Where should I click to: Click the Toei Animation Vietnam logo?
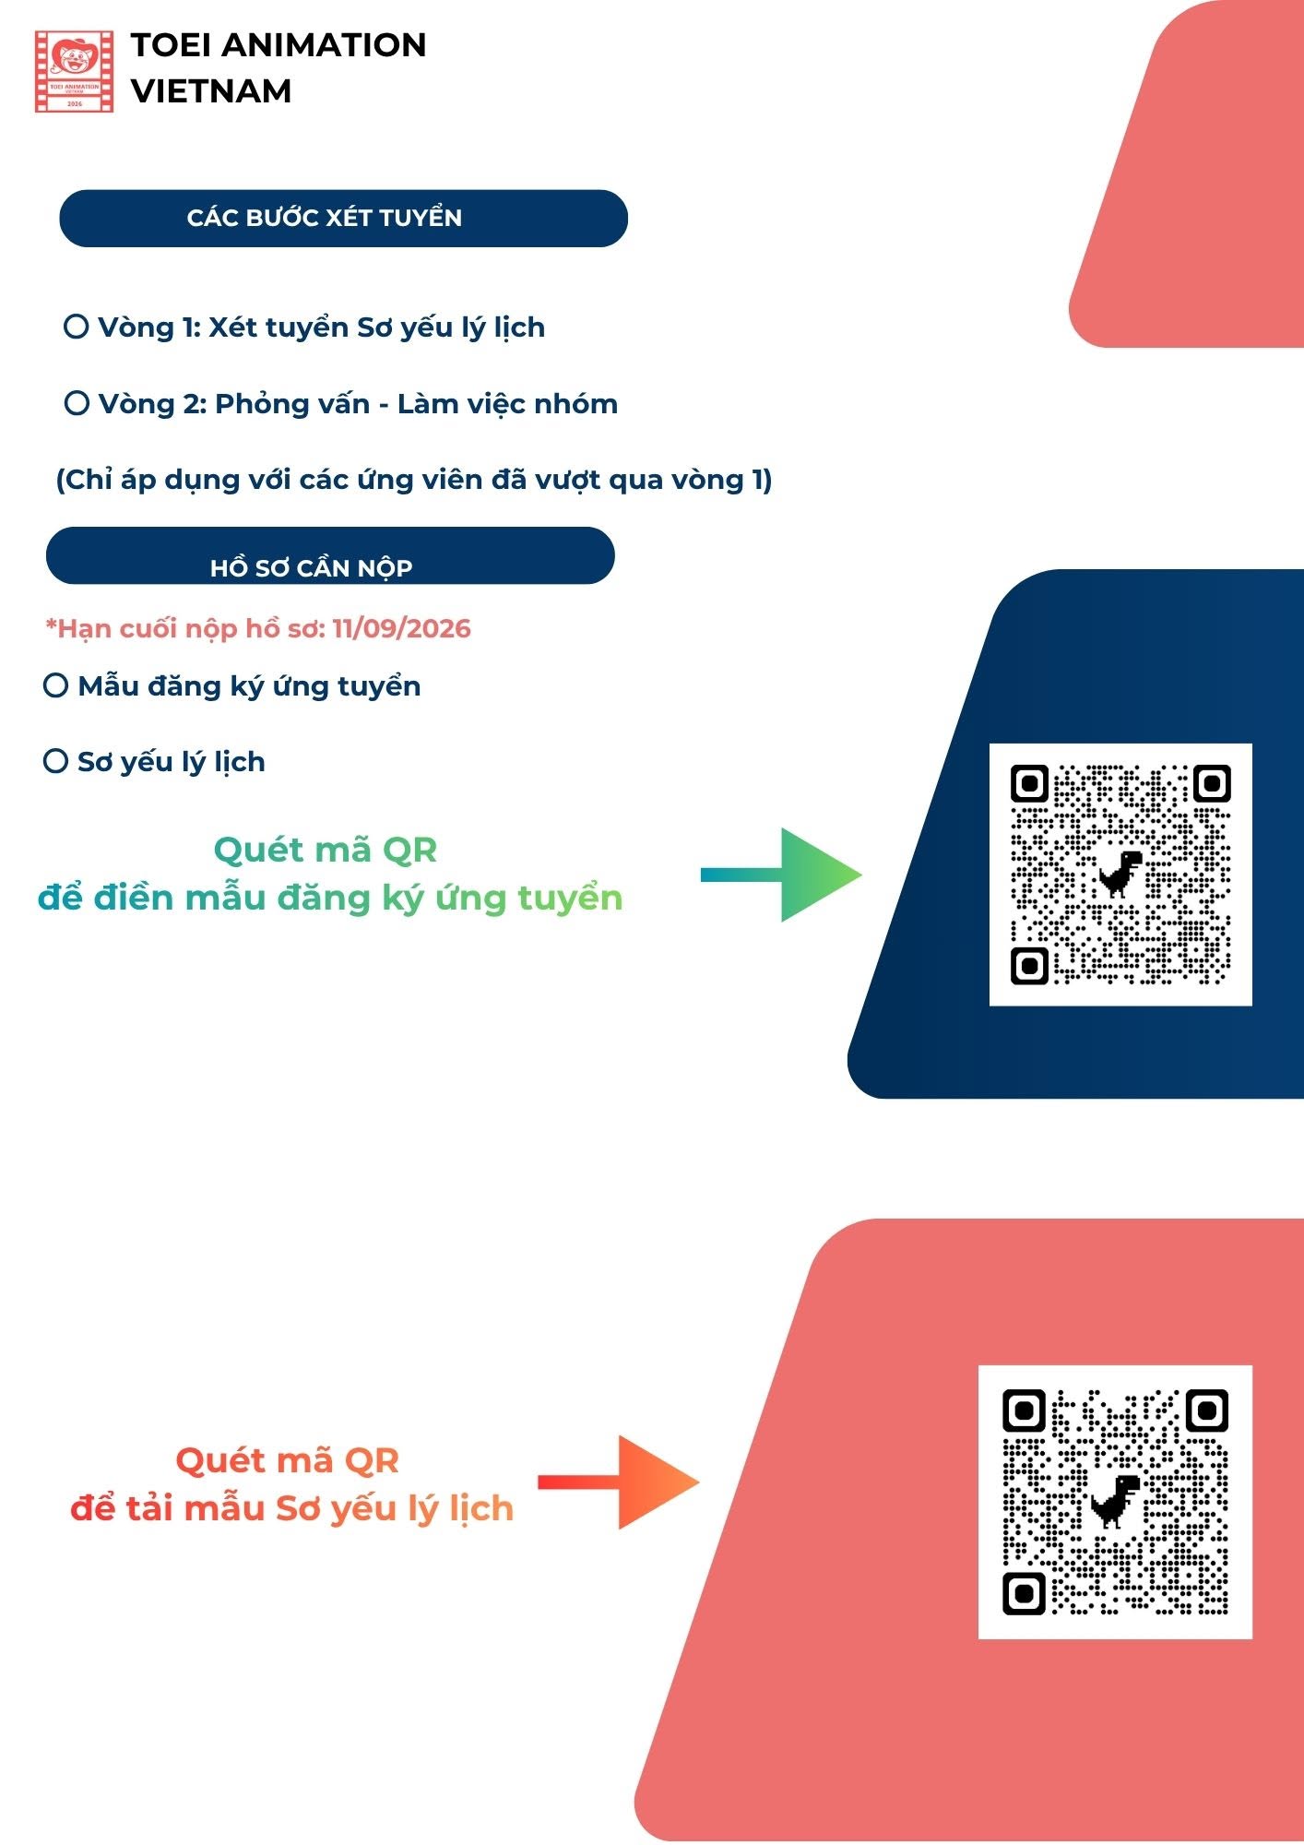pos(74,71)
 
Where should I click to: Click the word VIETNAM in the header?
pos(211,90)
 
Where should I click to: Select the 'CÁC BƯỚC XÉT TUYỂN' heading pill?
pos(343,219)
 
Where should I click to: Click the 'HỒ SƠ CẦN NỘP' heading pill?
pos(330,555)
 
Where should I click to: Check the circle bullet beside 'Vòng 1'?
pos(77,327)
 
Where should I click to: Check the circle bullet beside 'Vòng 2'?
pos(77,403)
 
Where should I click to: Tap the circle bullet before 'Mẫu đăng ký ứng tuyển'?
pos(56,685)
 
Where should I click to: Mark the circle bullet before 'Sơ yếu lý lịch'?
pos(56,761)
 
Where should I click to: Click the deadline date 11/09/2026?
pos(401,628)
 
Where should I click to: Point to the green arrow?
pos(781,875)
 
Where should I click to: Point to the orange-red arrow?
pos(618,1482)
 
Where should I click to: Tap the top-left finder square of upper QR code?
pos(1030,784)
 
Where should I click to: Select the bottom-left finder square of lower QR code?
pos(1024,1593)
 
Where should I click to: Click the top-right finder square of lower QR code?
pos(1207,1411)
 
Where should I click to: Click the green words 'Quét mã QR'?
pos(326,850)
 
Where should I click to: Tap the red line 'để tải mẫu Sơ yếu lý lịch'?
pos(291,1509)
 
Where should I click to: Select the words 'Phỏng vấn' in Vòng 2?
pos(292,404)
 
